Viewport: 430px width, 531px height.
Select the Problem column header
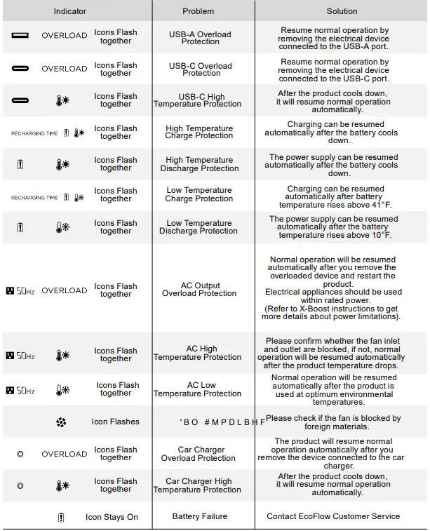click(x=199, y=11)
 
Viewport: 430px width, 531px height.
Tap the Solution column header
click(x=342, y=11)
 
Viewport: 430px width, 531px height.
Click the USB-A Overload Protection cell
click(x=200, y=38)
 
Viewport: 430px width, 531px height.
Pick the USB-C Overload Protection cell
click(x=200, y=69)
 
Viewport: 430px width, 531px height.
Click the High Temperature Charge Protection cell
click(x=199, y=132)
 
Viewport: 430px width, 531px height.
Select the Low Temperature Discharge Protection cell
click(x=199, y=227)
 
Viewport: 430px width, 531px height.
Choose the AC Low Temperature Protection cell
click(x=199, y=389)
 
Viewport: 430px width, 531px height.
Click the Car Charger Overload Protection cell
click(x=199, y=454)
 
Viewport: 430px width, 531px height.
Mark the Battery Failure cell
click(x=199, y=516)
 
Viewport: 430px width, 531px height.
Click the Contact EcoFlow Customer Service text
click(x=333, y=516)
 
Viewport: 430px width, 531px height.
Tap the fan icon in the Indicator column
click(x=60, y=422)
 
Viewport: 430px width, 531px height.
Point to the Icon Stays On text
click(x=112, y=517)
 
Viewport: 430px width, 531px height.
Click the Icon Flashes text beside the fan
click(x=115, y=422)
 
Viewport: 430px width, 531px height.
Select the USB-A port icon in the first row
click(x=20, y=35)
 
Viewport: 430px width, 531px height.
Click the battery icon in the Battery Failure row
click(x=62, y=517)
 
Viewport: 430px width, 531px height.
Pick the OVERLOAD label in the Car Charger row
click(x=64, y=454)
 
